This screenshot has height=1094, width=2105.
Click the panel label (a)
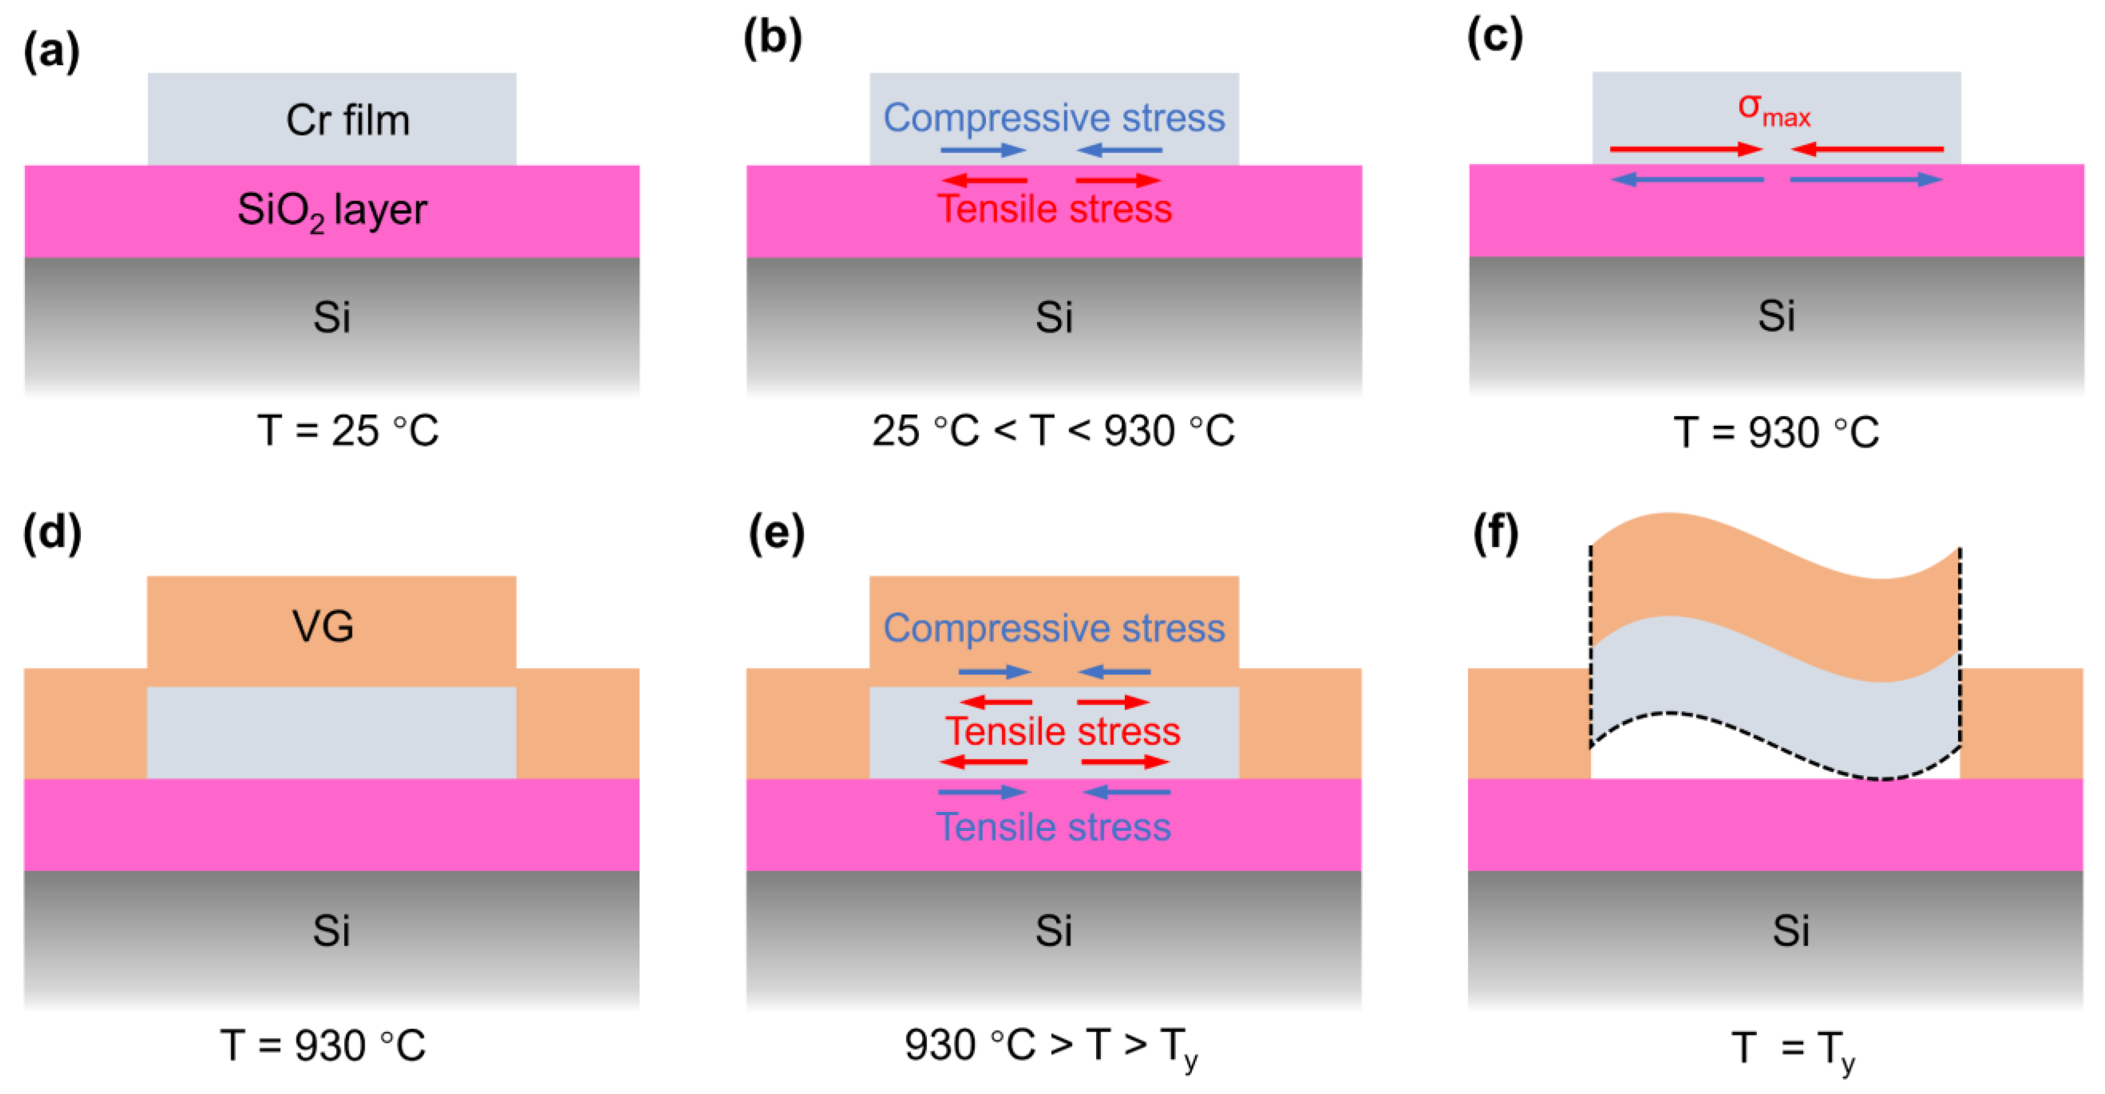(52, 50)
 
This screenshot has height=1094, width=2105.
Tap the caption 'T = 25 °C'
(348, 430)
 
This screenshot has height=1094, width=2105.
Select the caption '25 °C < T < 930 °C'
(1054, 430)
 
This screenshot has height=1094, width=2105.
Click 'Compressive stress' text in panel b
(1054, 117)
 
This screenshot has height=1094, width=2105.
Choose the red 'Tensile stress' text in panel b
(1054, 209)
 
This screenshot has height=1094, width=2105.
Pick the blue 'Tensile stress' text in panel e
(1054, 827)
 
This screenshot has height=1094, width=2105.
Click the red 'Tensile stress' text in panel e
(1062, 731)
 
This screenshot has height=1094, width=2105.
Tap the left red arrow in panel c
(1686, 149)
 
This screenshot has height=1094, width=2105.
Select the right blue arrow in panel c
(1866, 179)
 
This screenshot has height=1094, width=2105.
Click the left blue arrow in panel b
(983, 150)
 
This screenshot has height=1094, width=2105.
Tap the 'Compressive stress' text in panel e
(1054, 629)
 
